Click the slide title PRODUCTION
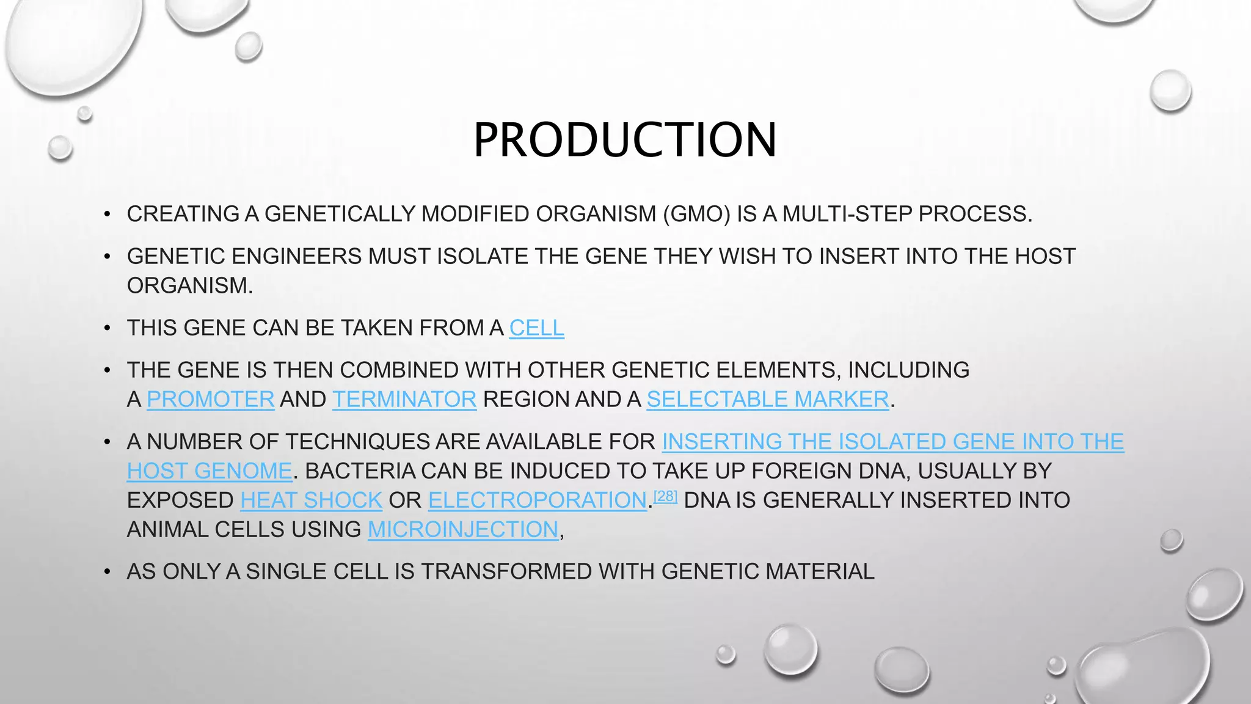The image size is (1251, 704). [625, 140]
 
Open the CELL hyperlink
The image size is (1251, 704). [536, 328]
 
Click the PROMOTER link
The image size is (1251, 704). [210, 400]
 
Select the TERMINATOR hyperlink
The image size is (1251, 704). [404, 400]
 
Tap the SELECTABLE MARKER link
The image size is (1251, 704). [767, 400]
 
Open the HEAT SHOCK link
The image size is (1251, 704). [311, 501]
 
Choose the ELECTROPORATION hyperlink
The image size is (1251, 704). [537, 501]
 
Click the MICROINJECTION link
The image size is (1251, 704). [463, 530]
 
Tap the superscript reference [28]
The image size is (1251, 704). [665, 496]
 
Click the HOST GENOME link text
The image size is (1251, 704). [210, 471]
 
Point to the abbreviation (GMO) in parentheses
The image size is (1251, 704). [696, 215]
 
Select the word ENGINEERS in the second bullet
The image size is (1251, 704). [296, 257]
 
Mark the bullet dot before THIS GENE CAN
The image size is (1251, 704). [107, 328]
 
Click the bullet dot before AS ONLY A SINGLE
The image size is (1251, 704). [107, 572]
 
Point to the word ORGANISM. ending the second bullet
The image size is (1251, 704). [189, 286]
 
